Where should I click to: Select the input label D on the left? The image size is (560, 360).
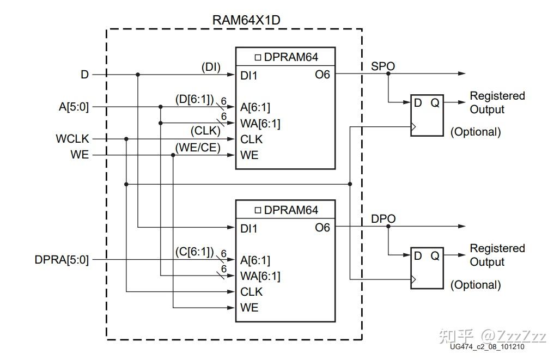[x=84, y=75]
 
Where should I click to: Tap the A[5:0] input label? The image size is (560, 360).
[x=74, y=107]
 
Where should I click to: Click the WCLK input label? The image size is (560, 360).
[x=72, y=139]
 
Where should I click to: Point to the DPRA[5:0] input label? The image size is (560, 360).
[x=62, y=260]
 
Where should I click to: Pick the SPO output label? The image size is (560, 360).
[x=383, y=66]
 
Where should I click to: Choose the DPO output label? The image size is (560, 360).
[x=383, y=219]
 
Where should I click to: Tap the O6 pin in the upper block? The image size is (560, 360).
[x=322, y=75]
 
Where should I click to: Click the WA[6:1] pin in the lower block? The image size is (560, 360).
[x=260, y=276]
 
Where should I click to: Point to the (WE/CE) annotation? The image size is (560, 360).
[x=198, y=148]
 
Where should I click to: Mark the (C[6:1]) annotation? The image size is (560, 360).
[x=194, y=252]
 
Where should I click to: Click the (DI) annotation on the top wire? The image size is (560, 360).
[x=211, y=66]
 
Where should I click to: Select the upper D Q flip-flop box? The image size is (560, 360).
[x=427, y=115]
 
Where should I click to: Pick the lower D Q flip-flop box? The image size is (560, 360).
[x=427, y=267]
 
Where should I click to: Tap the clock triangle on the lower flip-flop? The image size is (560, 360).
[x=414, y=280]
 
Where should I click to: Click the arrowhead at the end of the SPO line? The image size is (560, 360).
[x=462, y=74]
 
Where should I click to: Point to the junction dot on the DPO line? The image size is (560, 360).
[x=388, y=227]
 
